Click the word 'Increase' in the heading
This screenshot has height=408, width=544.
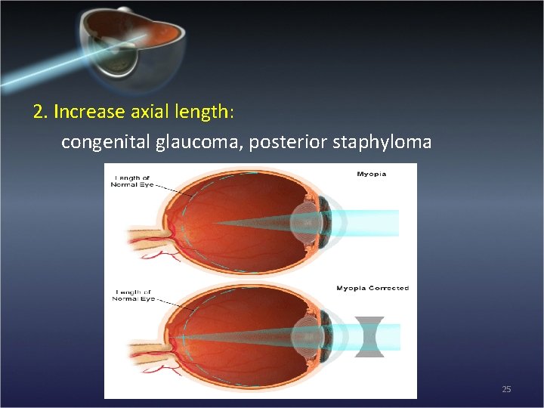89,112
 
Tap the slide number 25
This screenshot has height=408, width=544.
506,389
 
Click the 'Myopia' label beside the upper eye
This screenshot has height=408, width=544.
371,174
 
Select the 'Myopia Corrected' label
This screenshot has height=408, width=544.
372,288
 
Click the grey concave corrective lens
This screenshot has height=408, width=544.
369,337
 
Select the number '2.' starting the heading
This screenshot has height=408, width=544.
41,112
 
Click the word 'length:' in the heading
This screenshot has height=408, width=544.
209,112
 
